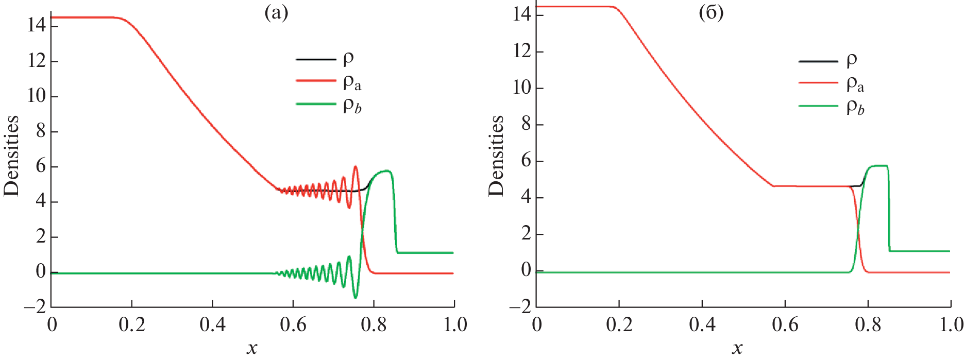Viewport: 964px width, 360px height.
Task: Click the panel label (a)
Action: [276, 13]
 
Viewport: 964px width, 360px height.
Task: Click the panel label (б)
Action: [711, 13]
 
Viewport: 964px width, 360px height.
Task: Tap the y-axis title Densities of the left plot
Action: [11, 156]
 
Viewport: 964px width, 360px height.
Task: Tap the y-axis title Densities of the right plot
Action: [496, 156]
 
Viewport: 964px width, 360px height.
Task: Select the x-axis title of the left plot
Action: [252, 349]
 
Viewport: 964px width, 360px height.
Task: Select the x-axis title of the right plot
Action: [737, 349]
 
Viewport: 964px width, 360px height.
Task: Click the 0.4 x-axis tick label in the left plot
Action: [212, 325]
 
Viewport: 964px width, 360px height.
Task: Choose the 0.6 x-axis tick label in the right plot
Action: [785, 325]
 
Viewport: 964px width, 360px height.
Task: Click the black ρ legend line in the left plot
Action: [316, 60]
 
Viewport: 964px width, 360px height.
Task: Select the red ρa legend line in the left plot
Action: [316, 81]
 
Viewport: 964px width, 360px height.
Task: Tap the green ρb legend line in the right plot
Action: [818, 106]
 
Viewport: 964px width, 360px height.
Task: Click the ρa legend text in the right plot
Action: [855, 84]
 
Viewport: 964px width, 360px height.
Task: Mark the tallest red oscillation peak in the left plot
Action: [356, 167]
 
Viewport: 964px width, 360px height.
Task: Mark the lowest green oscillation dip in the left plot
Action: [355, 298]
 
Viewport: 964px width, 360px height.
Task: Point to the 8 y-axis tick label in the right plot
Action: [526, 124]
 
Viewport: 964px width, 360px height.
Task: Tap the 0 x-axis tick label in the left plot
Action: [52, 325]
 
